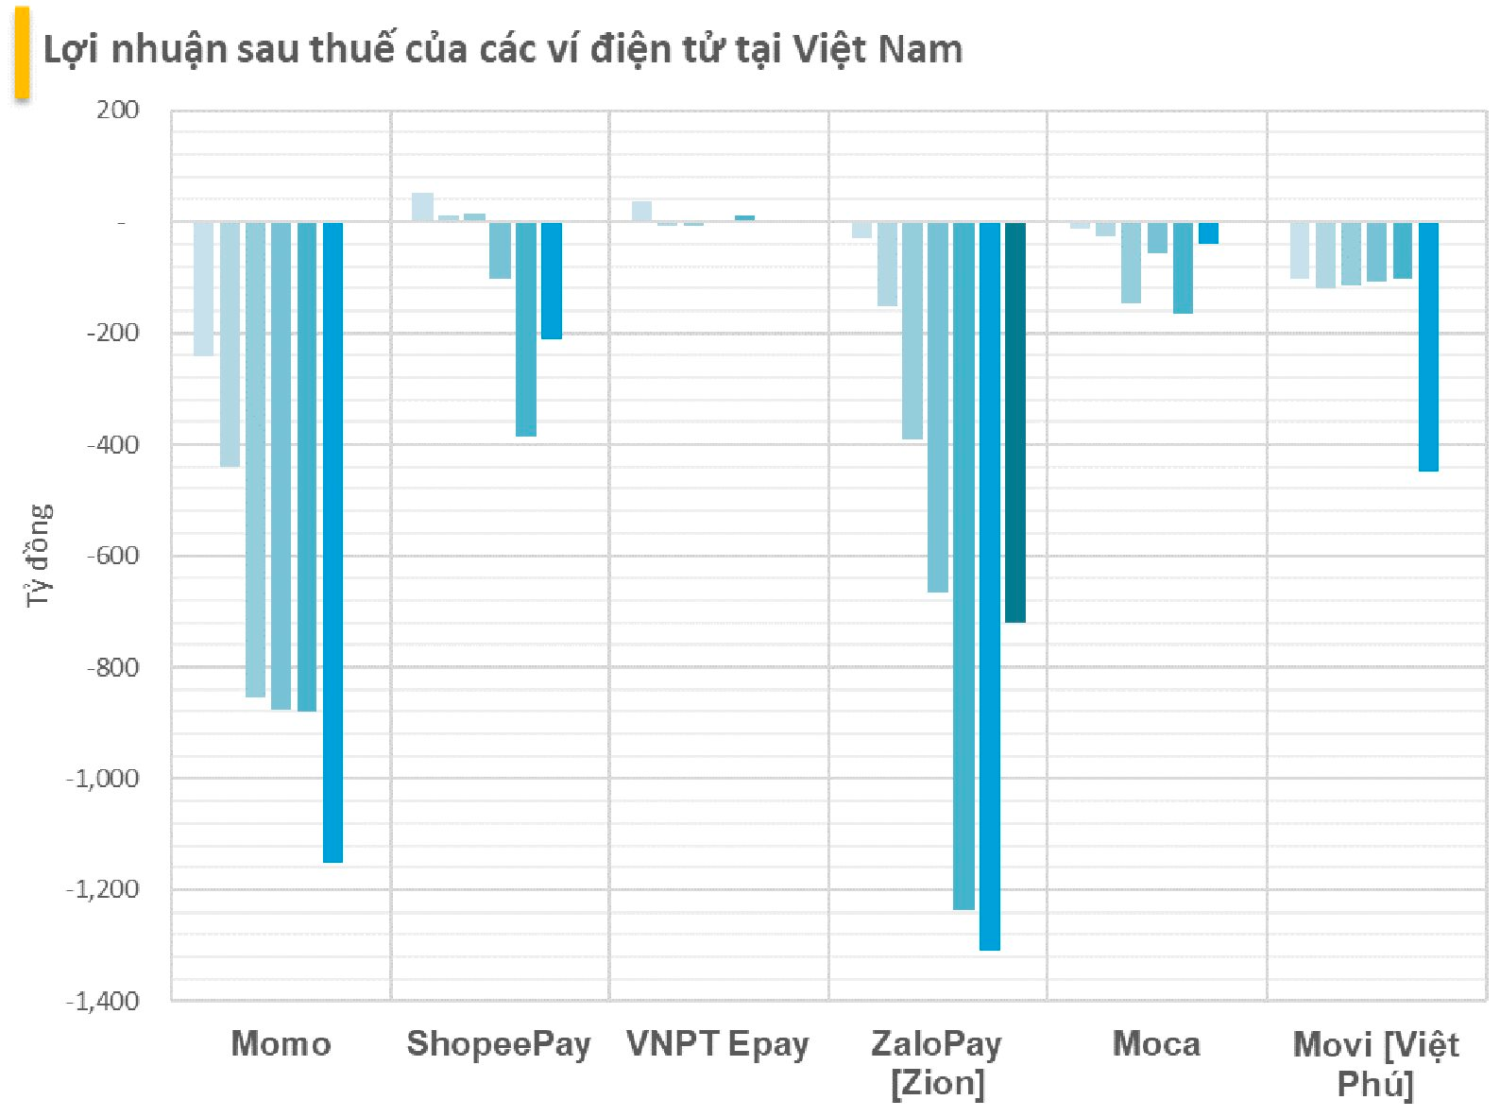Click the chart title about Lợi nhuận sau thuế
[x=503, y=49]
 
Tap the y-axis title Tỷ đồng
[x=39, y=556]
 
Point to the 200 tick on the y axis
[x=117, y=111]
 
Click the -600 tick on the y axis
[x=112, y=556]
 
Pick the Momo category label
[x=281, y=1044]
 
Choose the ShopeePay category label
[x=498, y=1044]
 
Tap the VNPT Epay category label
[x=718, y=1044]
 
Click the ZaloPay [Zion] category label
[x=936, y=1063]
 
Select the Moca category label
[x=1156, y=1044]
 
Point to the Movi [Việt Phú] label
[x=1375, y=1064]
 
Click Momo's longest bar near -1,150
[x=332, y=542]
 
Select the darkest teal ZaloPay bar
[x=1014, y=422]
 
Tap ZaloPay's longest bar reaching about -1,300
[x=989, y=586]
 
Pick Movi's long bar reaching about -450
[x=1428, y=347]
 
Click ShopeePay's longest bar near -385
[x=525, y=330]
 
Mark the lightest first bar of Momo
[x=203, y=289]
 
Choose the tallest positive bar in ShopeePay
[x=422, y=207]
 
